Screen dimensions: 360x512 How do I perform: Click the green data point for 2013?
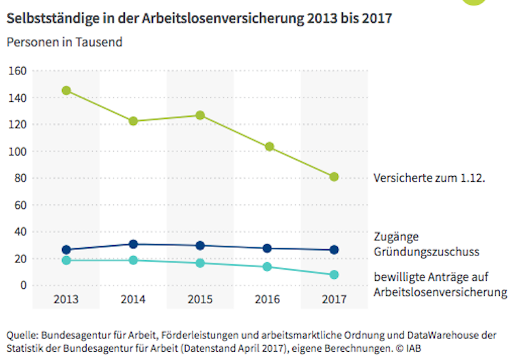point(66,90)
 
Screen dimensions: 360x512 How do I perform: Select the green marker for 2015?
point(200,115)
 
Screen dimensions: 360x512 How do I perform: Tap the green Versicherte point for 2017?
point(334,176)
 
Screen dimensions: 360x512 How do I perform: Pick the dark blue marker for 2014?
point(133,244)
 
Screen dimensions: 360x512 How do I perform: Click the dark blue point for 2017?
point(334,250)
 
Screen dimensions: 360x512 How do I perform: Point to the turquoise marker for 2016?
point(267,266)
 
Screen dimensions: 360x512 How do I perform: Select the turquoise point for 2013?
point(66,260)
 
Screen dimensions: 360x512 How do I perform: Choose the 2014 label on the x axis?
point(133,299)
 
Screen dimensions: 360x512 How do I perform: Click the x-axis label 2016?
point(267,299)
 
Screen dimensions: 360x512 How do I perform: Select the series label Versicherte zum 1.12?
point(429,178)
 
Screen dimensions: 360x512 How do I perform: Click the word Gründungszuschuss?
point(426,251)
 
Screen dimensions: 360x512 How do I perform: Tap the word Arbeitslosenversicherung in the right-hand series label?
point(440,292)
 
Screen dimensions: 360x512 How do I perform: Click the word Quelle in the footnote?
point(23,335)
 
